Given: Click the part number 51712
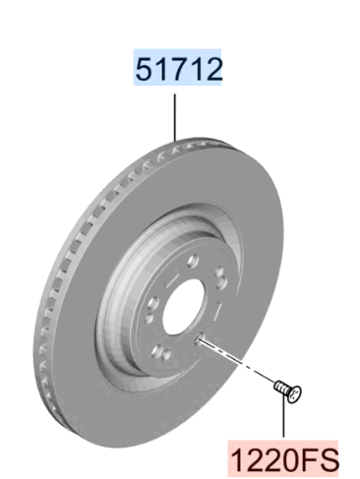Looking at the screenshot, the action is click(179, 69).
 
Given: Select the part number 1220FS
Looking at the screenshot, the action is click(284, 460).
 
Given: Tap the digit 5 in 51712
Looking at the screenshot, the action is click(144, 69).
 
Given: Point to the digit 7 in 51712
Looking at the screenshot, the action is click(179, 69).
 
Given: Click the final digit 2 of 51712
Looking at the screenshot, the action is click(213, 69).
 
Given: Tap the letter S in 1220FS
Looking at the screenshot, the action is click(328, 460).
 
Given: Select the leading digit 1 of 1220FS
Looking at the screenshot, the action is click(239, 460).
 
